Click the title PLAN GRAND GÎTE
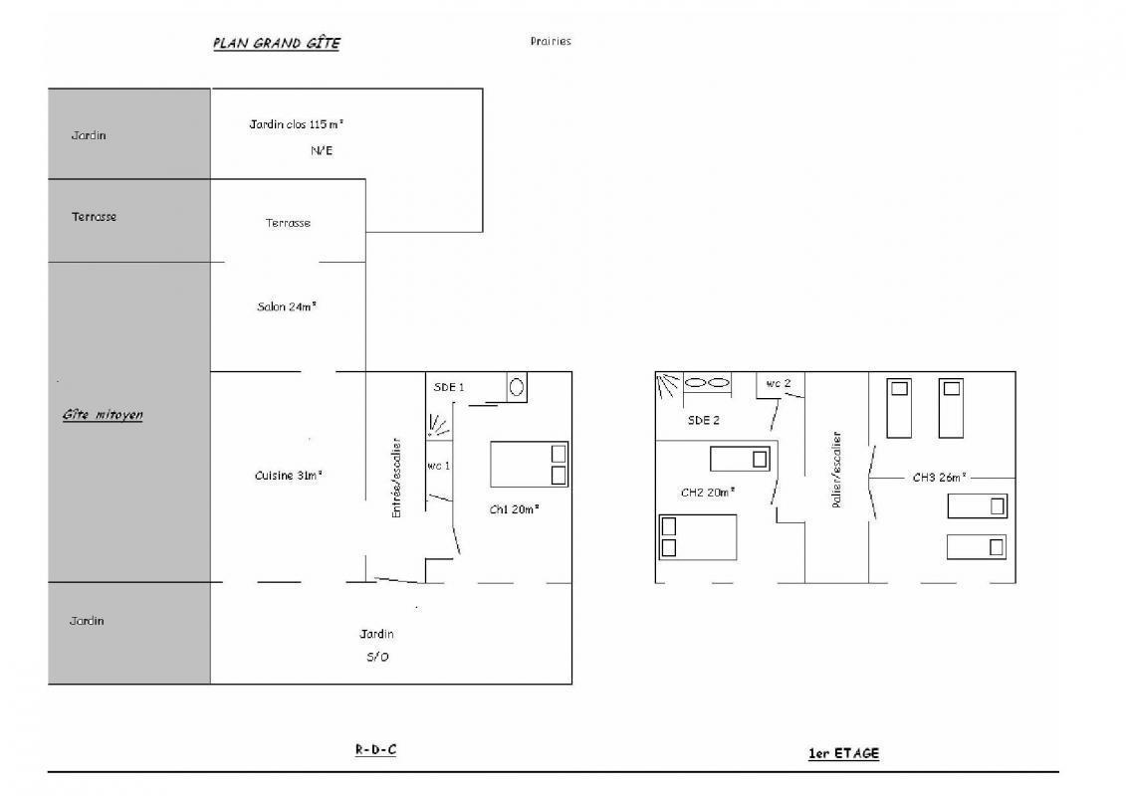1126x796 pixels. [x=277, y=43]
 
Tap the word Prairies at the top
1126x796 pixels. [x=551, y=41]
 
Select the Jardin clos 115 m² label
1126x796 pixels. [x=296, y=124]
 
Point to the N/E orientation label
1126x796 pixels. [x=321, y=150]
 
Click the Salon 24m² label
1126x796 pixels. [x=287, y=306]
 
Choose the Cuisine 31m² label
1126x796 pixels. [x=288, y=476]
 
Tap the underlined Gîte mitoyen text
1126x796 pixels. [x=102, y=415]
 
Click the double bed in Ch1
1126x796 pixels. [x=530, y=465]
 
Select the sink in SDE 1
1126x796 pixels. [x=517, y=388]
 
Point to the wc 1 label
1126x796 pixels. [x=438, y=466]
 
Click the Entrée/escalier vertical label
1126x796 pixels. [x=396, y=478]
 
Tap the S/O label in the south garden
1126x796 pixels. [x=377, y=657]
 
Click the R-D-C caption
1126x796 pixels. [x=375, y=750]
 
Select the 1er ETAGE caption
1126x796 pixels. [x=844, y=753]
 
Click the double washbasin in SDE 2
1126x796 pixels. [x=707, y=383]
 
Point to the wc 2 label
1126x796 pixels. [x=779, y=383]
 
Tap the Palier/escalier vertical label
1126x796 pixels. [x=836, y=470]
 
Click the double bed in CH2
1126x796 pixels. [x=698, y=537]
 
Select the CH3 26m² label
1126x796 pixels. [x=939, y=478]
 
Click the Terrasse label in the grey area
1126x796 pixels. [x=94, y=217]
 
